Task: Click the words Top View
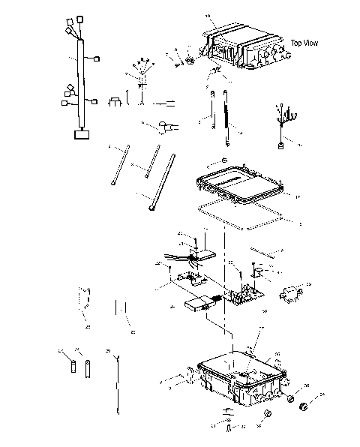[x=304, y=43]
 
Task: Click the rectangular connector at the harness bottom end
[x=79, y=134]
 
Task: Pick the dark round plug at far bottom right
[x=304, y=406]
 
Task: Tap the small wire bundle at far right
[x=283, y=127]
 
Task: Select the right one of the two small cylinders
[x=88, y=369]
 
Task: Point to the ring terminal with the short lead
[x=160, y=127]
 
